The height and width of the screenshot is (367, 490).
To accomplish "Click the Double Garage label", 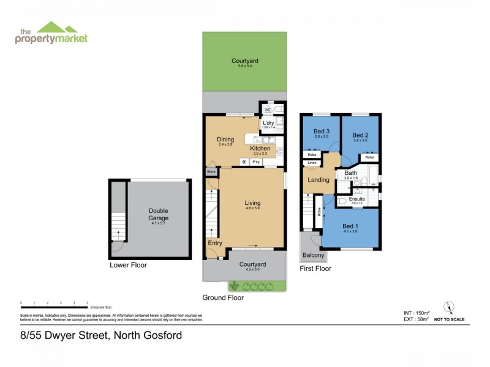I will [x=158, y=214].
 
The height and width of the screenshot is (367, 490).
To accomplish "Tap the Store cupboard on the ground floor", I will [x=211, y=172].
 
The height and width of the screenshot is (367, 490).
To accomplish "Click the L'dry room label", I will [x=268, y=123].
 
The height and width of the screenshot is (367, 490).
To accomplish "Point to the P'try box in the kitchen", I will [x=256, y=161].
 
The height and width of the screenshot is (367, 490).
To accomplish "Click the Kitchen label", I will [x=260, y=149].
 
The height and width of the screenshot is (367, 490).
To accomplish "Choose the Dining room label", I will [x=225, y=139].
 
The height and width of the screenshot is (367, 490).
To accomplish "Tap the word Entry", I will [x=215, y=243].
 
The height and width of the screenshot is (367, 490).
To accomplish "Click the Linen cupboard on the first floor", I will [x=312, y=163].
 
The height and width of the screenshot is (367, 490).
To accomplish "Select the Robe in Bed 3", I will [x=312, y=155].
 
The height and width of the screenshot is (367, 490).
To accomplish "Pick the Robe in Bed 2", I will [x=369, y=157].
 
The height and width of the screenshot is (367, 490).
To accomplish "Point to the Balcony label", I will [x=312, y=255].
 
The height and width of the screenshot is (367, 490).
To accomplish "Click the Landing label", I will [x=319, y=180].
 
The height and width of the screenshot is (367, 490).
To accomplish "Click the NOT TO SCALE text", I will [x=449, y=319].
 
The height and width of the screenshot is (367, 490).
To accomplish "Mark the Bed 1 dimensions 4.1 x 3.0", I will [x=350, y=231].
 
